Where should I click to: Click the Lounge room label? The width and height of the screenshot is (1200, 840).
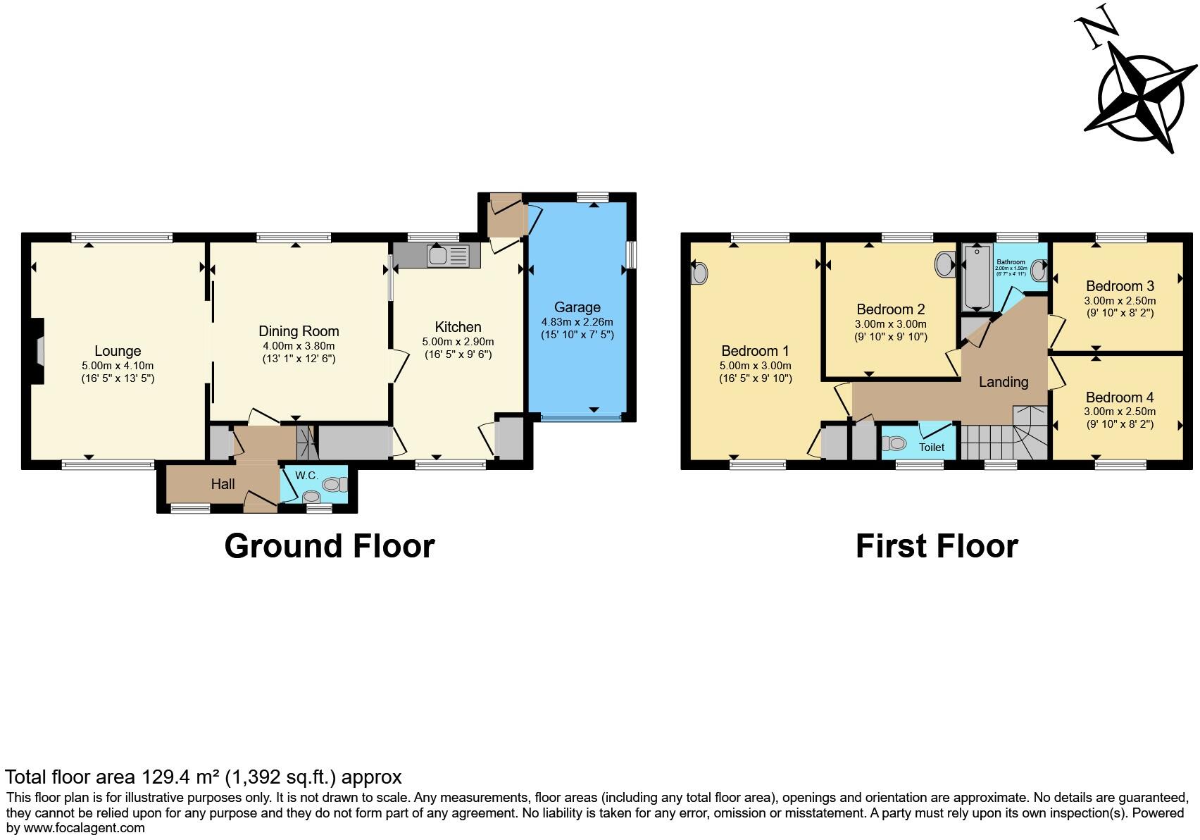pos(118,351)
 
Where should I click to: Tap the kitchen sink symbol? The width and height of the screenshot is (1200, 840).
pos(448,255)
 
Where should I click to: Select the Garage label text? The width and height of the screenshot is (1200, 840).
pos(577,307)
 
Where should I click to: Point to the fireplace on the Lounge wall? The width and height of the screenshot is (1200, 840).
pos(39,351)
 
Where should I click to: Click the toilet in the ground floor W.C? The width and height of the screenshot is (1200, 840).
pos(336,484)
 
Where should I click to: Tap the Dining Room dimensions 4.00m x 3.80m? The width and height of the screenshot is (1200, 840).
pos(299,345)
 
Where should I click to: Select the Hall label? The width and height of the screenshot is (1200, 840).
pos(223,484)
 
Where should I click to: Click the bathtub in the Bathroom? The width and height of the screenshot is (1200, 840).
pos(977,278)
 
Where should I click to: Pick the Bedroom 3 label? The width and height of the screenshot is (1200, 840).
pos(1119,286)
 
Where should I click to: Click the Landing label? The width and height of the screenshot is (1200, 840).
pos(1003,382)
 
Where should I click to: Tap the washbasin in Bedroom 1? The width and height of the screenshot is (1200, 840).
pos(698,273)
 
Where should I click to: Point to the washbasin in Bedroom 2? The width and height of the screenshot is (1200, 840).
pos(944,266)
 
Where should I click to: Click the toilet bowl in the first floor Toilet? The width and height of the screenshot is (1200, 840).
pos(894,444)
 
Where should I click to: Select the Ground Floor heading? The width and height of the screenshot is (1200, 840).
pos(329,546)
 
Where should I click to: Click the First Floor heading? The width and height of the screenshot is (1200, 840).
pos(936,546)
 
